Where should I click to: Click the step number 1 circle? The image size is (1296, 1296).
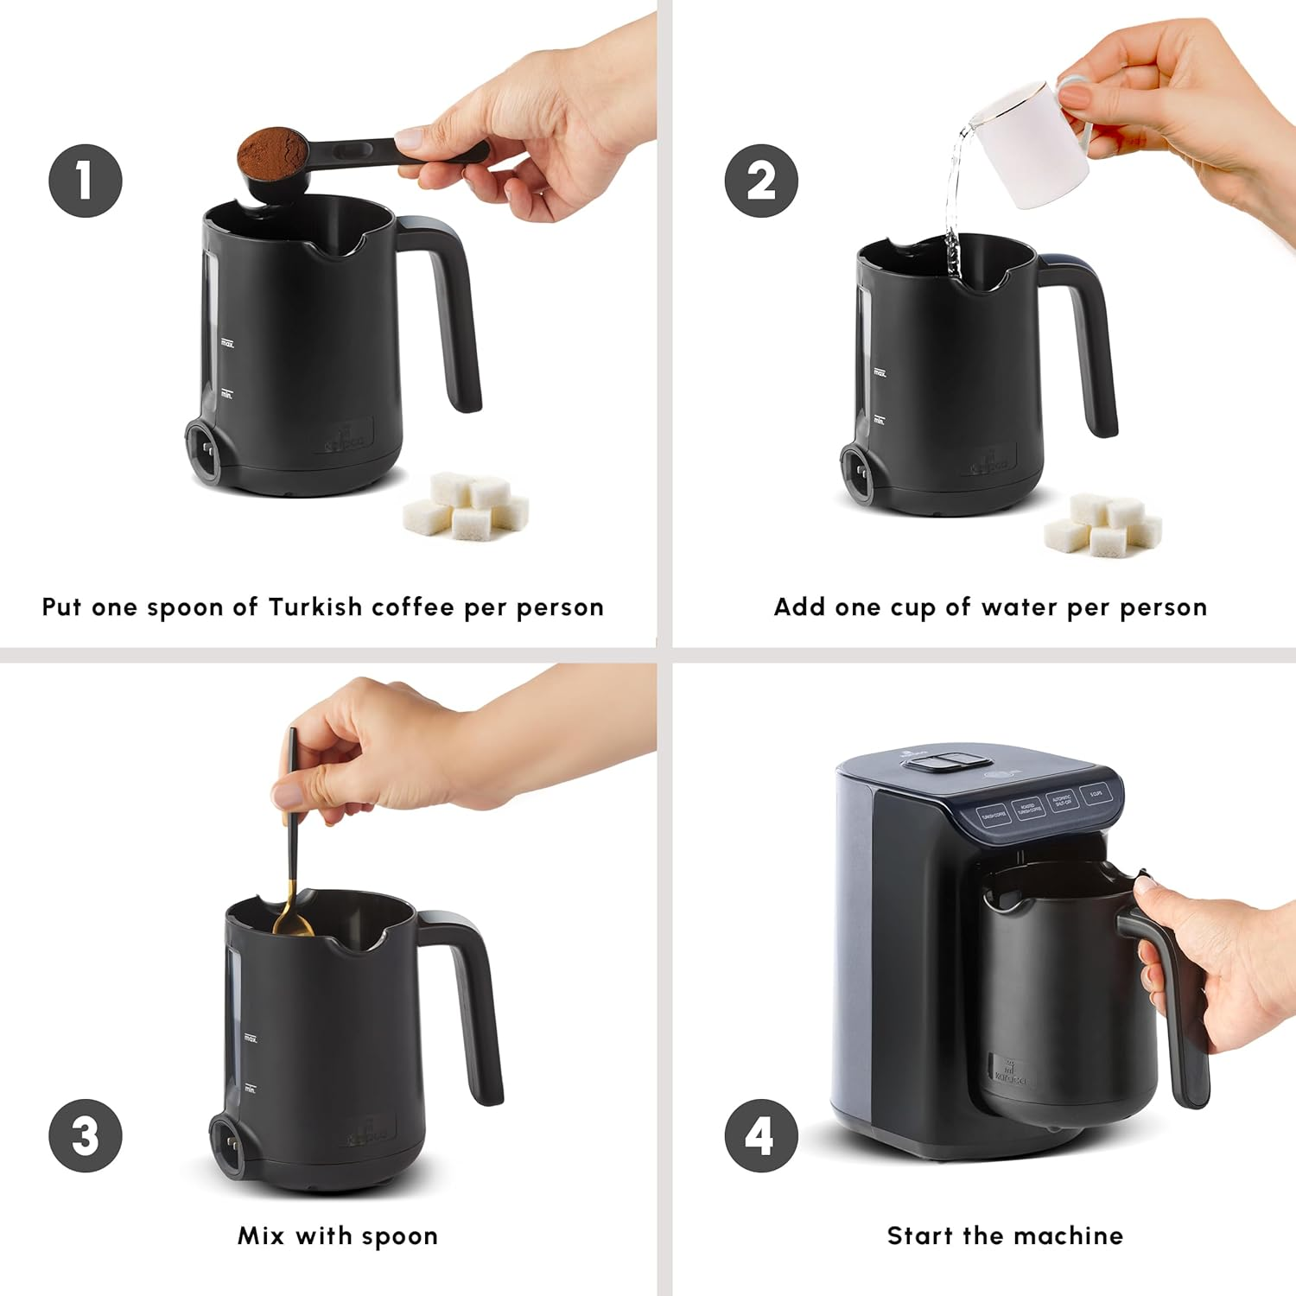coord(85,181)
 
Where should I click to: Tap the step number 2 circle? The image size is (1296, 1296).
coord(761,181)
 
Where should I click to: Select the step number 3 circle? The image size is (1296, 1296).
coord(85,1135)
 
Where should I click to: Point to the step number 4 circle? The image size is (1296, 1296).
coord(761,1135)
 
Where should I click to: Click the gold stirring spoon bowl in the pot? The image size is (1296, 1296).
coord(295,925)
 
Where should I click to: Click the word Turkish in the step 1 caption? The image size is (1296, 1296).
coord(315,607)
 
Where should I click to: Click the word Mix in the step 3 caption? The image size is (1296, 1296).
coord(261,1236)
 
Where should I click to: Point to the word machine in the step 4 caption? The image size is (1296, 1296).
coord(1077,1236)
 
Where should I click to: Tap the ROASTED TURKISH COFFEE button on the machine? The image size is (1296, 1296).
coord(1028,810)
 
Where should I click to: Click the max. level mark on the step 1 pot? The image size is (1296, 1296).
coord(227,344)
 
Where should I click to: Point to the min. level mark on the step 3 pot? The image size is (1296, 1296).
coord(250,1090)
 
